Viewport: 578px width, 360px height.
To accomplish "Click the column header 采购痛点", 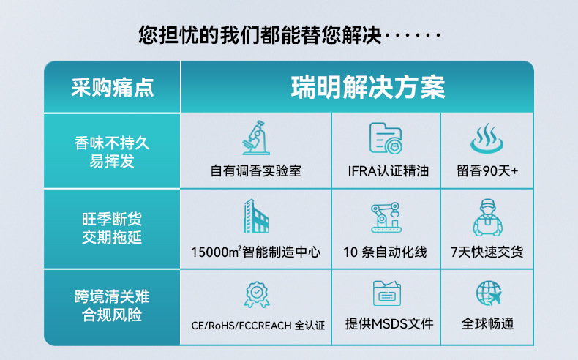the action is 113,88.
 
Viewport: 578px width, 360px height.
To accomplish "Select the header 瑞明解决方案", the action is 368,87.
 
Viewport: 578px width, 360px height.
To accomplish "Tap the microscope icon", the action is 256,138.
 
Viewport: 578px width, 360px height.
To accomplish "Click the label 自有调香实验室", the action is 256,171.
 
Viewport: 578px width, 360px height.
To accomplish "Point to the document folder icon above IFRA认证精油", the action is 386,138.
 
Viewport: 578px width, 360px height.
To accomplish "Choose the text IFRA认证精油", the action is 389,171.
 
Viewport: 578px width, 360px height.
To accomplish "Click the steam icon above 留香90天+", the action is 487,138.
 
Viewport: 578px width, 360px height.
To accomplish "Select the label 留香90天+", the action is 487,171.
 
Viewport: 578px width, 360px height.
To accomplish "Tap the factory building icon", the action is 256,216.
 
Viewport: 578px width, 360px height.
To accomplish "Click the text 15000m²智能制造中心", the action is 256,252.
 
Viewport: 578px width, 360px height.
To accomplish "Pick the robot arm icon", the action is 386,217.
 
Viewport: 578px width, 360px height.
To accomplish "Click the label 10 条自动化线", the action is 385,252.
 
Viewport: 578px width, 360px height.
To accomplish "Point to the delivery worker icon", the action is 487,217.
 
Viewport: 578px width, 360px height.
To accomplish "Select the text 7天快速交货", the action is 487,252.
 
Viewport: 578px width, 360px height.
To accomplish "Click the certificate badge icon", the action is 257,294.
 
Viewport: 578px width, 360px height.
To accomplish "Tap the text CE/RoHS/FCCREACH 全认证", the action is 258,326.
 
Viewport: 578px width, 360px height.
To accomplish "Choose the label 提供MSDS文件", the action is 389,324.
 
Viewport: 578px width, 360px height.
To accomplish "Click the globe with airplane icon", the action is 489,293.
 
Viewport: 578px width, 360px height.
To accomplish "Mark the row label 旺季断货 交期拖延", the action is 112,228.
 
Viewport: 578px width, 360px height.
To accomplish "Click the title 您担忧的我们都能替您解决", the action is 260,35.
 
